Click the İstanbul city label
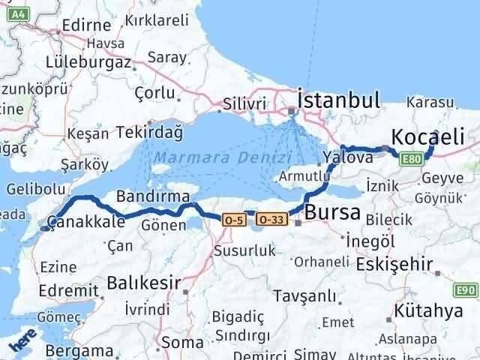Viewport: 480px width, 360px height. tap(338, 99)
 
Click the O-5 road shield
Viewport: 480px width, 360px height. tap(232, 219)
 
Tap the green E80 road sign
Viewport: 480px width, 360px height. tap(410, 159)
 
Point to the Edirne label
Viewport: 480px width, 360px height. tap(76, 24)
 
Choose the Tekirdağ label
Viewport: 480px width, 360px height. tap(149, 133)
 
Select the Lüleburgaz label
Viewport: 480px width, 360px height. tap(88, 61)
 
